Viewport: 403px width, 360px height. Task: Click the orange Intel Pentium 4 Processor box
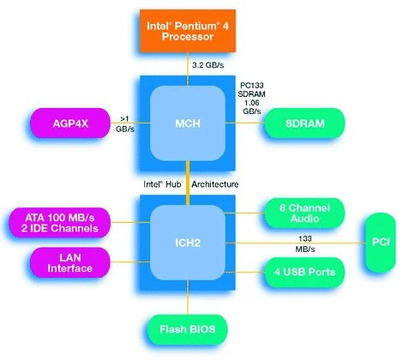(x=188, y=31)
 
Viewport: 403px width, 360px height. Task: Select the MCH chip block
(x=188, y=123)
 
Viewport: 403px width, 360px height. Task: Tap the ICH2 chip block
(x=188, y=243)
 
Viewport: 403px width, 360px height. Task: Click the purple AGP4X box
(x=70, y=123)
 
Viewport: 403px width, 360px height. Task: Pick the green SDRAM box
(x=304, y=123)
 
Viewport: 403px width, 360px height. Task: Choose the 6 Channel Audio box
(x=304, y=213)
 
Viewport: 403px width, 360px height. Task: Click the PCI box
(x=381, y=243)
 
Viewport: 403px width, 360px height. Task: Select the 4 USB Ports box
(x=304, y=272)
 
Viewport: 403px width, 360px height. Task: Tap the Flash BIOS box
(x=188, y=329)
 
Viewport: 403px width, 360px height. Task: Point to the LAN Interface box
(x=70, y=262)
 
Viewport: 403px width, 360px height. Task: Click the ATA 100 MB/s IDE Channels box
(x=60, y=223)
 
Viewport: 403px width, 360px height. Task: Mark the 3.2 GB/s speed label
(x=208, y=65)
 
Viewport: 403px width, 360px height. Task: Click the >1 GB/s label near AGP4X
(x=125, y=123)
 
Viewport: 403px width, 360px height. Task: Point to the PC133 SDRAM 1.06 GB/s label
(x=251, y=98)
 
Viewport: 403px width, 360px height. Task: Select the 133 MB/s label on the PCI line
(x=305, y=243)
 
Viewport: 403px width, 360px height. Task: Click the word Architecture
(x=215, y=184)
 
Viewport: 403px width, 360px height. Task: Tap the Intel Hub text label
(x=162, y=184)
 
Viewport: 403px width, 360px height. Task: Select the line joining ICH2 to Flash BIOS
(x=188, y=297)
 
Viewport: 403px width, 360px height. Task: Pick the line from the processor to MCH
(x=188, y=69)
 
